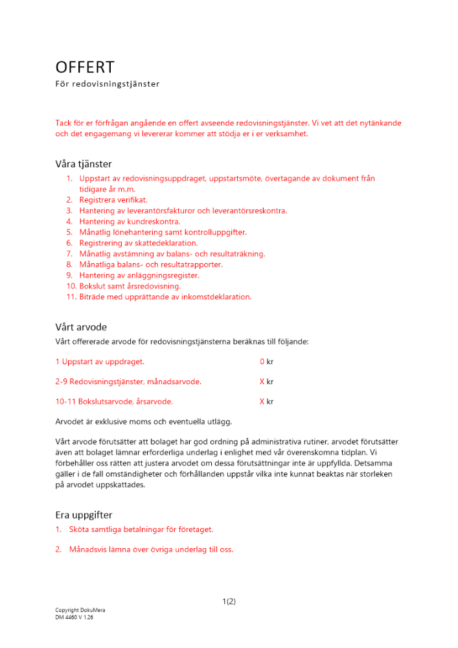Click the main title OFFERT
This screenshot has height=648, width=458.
(x=85, y=67)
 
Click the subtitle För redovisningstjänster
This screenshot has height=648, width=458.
(x=107, y=84)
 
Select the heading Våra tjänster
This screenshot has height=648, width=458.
(x=83, y=164)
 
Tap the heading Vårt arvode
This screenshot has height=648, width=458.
(x=81, y=327)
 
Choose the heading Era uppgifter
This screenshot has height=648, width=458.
(x=84, y=515)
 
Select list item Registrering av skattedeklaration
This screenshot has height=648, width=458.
(x=138, y=243)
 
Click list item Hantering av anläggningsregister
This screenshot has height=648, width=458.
(x=139, y=275)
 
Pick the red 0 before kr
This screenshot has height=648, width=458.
(x=262, y=362)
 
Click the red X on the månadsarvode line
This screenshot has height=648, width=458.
(x=262, y=382)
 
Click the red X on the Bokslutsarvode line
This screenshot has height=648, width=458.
(x=262, y=402)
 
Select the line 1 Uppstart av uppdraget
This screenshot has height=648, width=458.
(x=100, y=362)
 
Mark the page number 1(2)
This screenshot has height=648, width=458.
(x=229, y=601)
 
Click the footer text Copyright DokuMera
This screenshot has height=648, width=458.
(x=80, y=610)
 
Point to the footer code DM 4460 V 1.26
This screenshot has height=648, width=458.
(x=74, y=618)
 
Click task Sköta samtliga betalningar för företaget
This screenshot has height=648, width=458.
(x=141, y=529)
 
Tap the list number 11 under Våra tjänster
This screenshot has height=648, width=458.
(x=71, y=297)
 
